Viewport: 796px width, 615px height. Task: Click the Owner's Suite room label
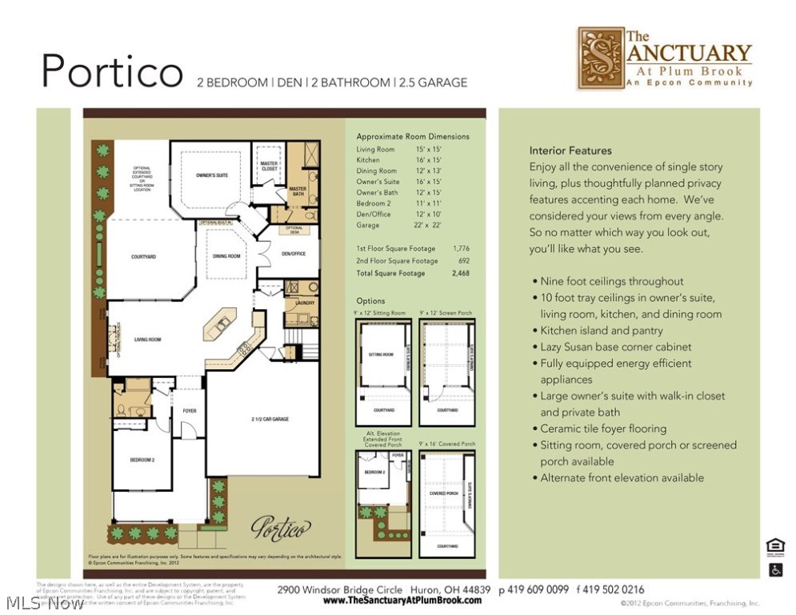pyautogui.click(x=212, y=175)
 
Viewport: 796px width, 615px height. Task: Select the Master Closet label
pyautogui.click(x=269, y=166)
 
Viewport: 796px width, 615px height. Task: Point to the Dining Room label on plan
pyautogui.click(x=226, y=256)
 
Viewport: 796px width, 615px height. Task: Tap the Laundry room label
pyautogui.click(x=305, y=303)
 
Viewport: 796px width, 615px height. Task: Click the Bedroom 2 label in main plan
pyautogui.click(x=142, y=460)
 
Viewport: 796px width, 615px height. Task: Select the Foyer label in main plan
pyautogui.click(x=190, y=411)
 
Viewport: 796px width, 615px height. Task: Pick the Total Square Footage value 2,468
pyautogui.click(x=461, y=274)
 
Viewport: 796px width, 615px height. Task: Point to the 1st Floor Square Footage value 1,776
pyautogui.click(x=461, y=248)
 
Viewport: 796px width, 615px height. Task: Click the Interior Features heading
pyautogui.click(x=570, y=151)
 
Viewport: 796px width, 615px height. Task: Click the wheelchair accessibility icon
pyautogui.click(x=775, y=570)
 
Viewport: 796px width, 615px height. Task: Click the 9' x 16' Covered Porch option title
pyautogui.click(x=446, y=444)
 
